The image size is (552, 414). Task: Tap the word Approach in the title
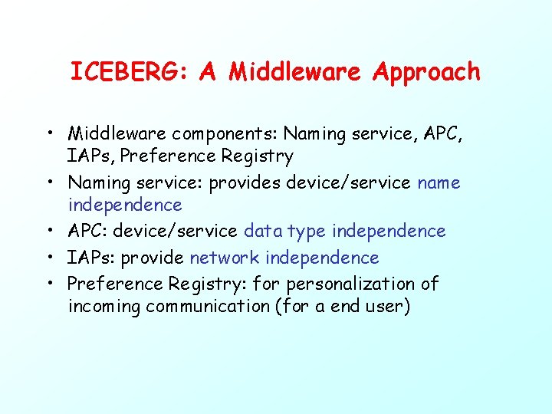coord(426,73)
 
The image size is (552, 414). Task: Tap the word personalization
coord(338,284)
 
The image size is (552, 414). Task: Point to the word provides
coord(244,183)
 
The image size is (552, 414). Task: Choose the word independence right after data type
coord(389,232)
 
